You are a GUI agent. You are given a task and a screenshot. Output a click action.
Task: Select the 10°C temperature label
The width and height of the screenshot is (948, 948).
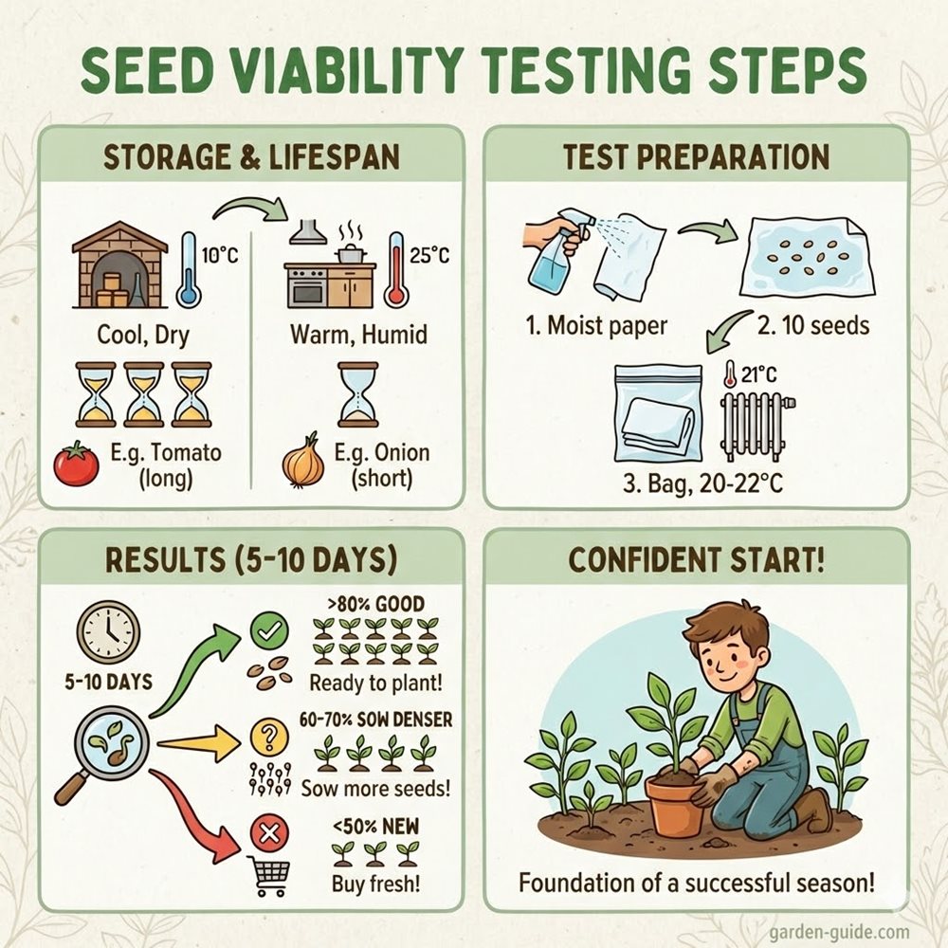220,255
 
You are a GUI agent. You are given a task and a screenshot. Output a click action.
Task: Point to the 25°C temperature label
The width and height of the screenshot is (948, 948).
429,255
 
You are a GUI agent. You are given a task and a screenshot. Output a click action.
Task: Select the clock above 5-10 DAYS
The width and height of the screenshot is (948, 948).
108,632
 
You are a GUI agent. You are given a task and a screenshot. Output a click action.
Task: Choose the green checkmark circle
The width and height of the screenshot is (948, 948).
269,631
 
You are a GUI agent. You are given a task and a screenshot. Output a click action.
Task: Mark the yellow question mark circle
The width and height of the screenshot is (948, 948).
269,737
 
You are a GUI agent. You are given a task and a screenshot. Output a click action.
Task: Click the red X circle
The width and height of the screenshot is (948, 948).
269,833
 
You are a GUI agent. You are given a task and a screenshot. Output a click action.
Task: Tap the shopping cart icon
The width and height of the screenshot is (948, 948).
269,876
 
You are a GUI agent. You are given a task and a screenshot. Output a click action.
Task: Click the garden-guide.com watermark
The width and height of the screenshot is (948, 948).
840,932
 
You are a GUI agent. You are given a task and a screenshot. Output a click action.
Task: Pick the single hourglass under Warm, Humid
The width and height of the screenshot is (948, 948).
358,394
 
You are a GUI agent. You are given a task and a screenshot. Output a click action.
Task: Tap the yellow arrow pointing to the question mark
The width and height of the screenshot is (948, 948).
196,743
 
